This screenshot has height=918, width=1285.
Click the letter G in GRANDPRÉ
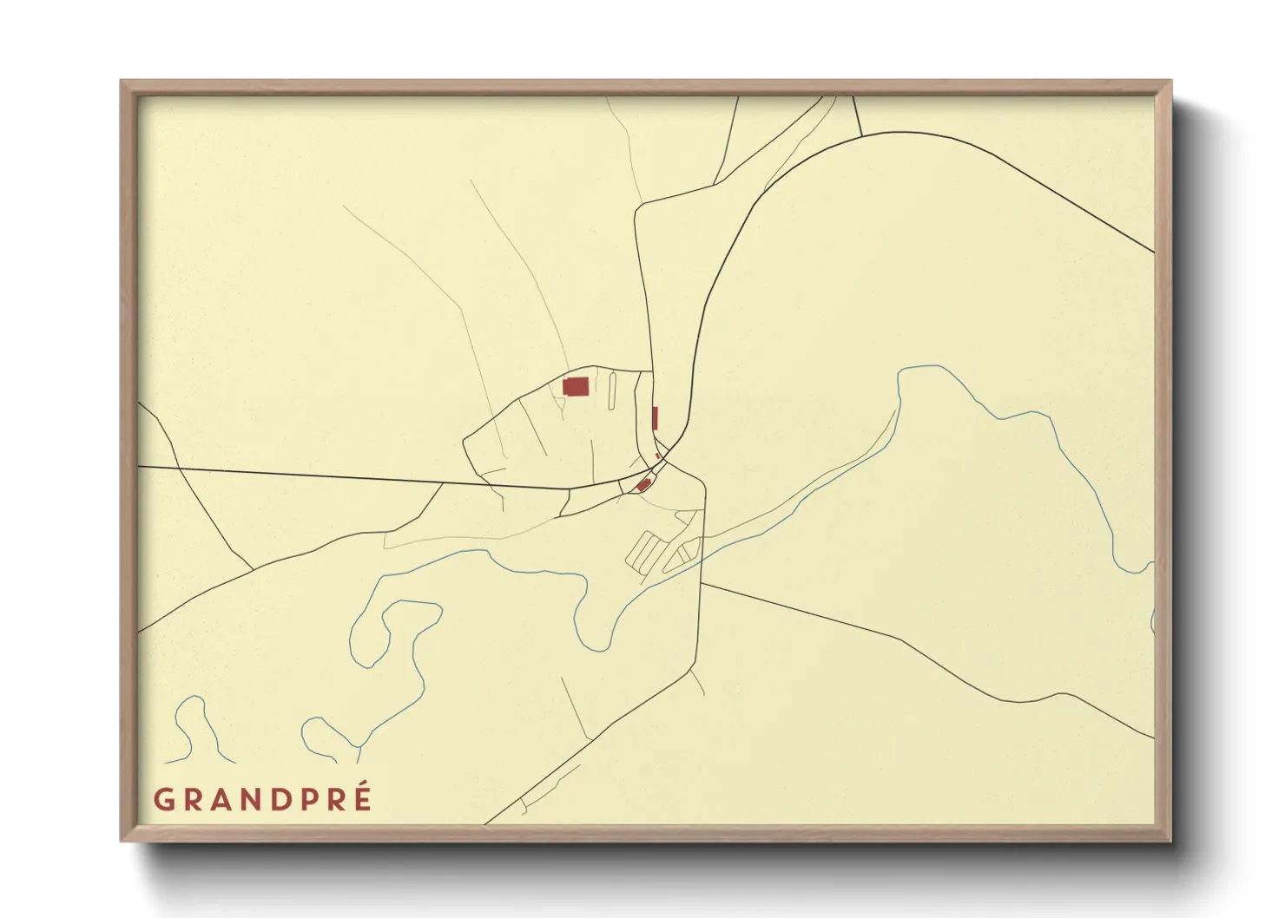163,799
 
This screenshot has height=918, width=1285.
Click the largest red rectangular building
576,386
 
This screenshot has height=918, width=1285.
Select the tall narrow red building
655,418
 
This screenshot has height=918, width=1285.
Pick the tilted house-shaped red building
643,485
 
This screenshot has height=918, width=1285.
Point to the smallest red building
658,455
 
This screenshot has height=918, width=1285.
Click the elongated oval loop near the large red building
612,390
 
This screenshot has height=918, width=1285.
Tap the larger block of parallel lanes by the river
644,552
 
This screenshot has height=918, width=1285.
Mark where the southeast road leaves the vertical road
702,583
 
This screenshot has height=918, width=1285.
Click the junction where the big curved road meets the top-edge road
861,136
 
